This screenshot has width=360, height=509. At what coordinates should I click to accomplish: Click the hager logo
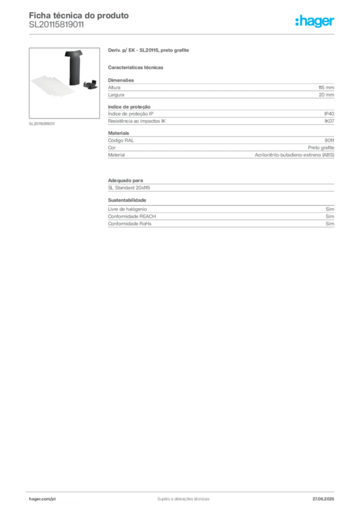click(315, 21)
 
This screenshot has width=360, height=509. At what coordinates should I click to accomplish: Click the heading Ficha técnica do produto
click(79, 15)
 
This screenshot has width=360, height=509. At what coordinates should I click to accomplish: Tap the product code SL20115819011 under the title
click(57, 25)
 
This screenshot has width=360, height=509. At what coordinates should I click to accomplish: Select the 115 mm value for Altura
click(326, 87)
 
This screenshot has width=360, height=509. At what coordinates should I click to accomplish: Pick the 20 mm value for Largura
click(326, 95)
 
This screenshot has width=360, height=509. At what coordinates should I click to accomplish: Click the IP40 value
click(329, 114)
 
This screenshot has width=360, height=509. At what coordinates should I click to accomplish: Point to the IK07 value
click(329, 121)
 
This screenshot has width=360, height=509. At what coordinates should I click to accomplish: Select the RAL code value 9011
click(329, 141)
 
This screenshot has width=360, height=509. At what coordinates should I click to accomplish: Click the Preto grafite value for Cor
click(321, 148)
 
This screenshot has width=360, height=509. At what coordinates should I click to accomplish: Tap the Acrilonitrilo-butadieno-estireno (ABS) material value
click(294, 155)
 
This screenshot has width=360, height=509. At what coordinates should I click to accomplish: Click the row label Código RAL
click(121, 141)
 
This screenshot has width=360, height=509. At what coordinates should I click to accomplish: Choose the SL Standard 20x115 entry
click(129, 188)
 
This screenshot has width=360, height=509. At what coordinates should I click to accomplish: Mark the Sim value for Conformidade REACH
click(330, 217)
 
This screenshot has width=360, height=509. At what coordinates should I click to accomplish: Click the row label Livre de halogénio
click(127, 209)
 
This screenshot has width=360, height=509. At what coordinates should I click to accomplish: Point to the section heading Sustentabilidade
click(127, 200)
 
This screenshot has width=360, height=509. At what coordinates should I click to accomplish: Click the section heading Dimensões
click(121, 80)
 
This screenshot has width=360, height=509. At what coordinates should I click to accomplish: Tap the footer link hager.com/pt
click(42, 499)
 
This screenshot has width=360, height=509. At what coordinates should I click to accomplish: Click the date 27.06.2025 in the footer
click(323, 499)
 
